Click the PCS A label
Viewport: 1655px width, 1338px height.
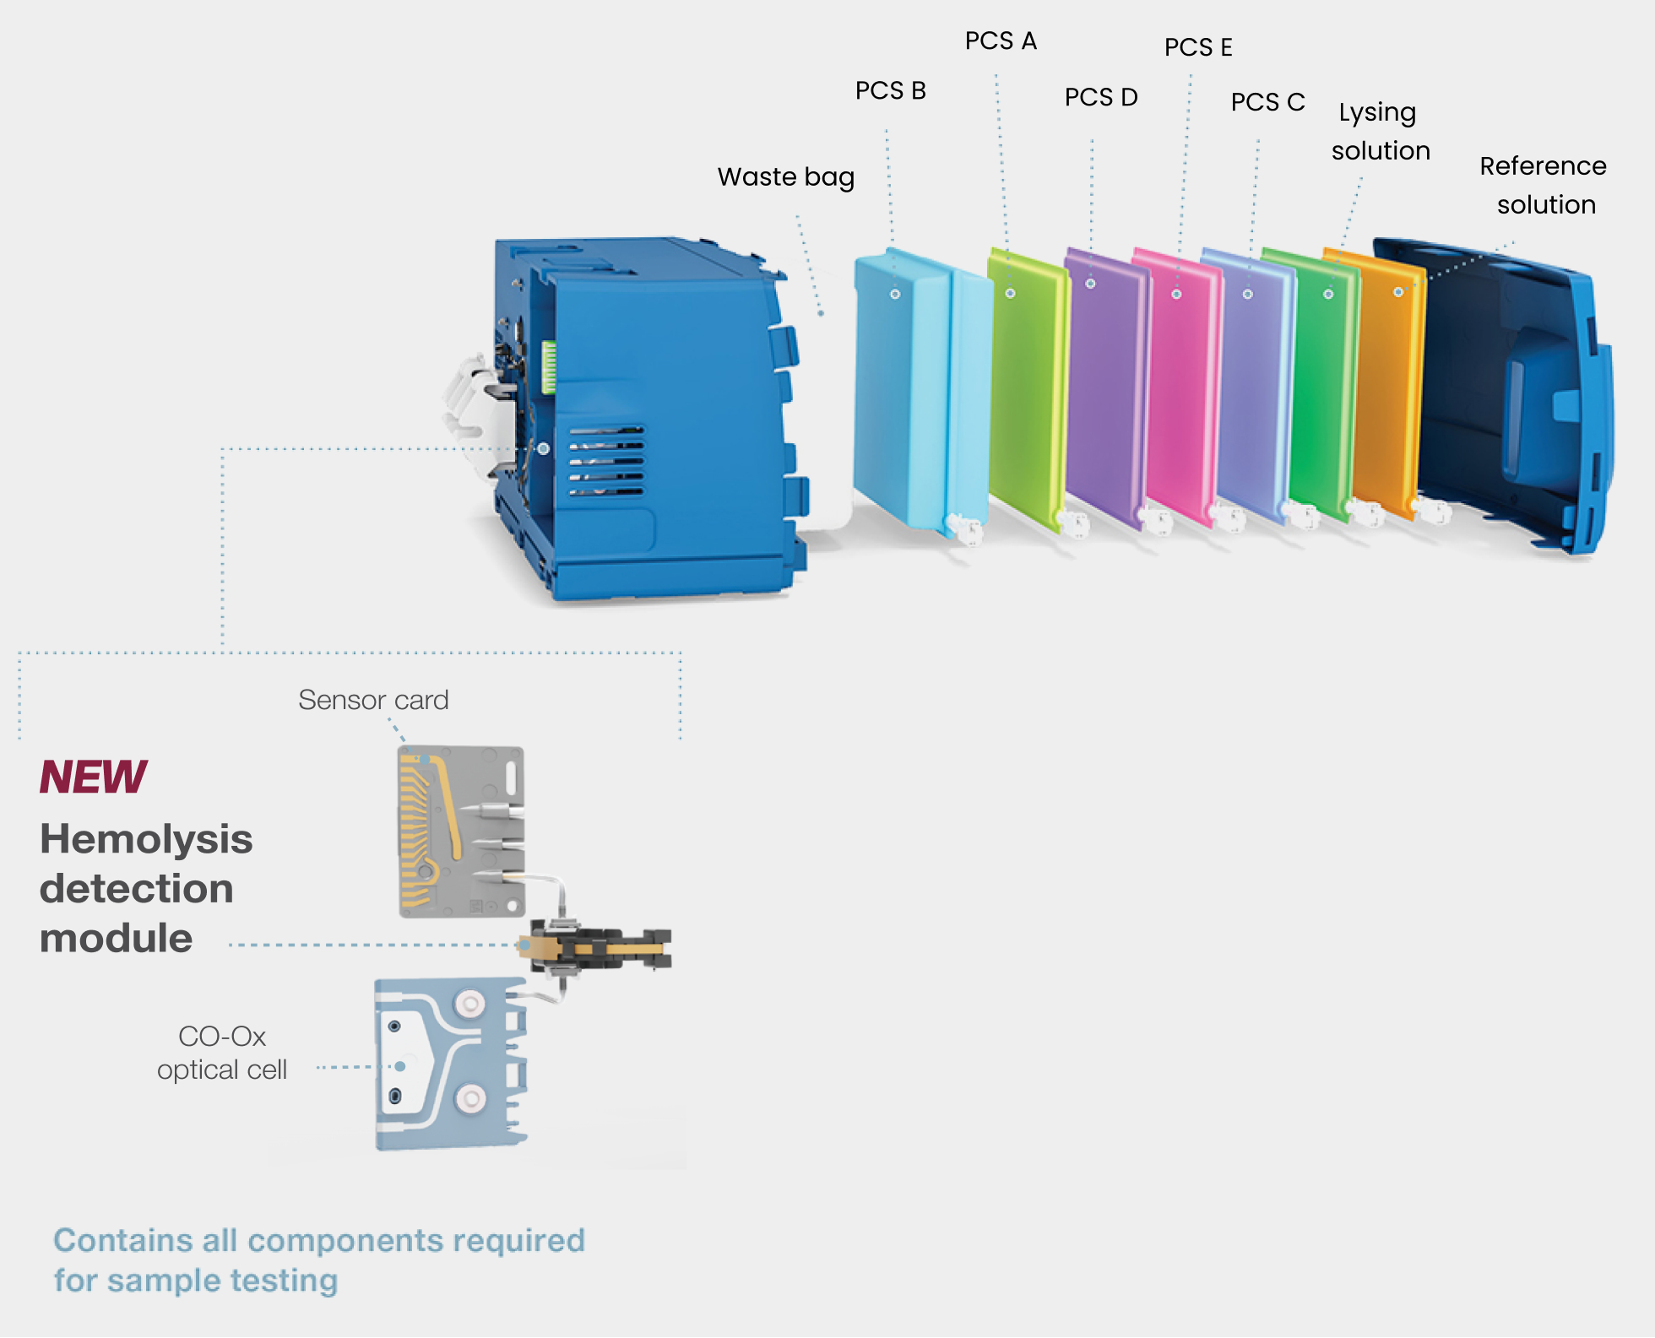click(x=1001, y=41)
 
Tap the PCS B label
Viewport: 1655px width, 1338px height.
click(x=890, y=90)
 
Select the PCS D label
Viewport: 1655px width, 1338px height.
click(x=1100, y=97)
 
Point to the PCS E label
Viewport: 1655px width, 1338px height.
click(x=1197, y=47)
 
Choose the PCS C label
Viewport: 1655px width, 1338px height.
click(x=1267, y=102)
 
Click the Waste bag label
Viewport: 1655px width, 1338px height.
click(x=785, y=176)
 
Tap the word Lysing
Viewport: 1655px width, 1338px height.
click(x=1376, y=112)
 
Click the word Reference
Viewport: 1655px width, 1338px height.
click(x=1542, y=165)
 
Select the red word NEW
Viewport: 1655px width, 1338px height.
click(x=93, y=777)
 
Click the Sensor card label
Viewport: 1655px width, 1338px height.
click(x=373, y=700)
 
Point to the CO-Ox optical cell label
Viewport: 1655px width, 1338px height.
click(x=222, y=1053)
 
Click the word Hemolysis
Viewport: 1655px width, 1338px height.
click(x=146, y=839)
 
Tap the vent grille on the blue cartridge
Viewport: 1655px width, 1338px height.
click(x=605, y=461)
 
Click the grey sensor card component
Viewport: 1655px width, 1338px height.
click(x=461, y=832)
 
